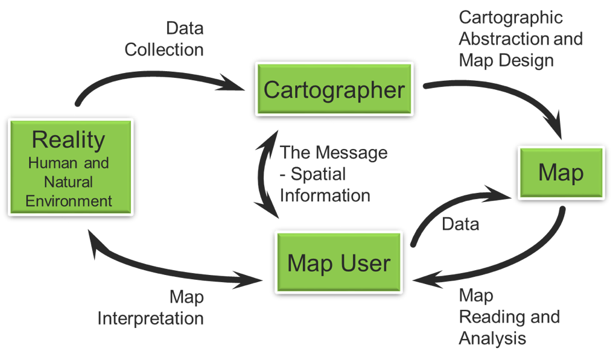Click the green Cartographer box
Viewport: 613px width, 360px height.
pos(334,89)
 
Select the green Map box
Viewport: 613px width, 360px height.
pos(561,173)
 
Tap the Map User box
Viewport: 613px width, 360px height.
pos(338,262)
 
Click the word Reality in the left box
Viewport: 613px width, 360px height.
pos(69,139)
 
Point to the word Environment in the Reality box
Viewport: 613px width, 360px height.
pos(69,201)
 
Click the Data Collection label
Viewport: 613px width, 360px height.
pos(164,39)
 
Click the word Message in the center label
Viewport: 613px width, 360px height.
pos(352,153)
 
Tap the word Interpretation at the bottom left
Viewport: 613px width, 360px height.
pos(150,318)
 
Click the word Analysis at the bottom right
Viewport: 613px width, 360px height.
pos(492,338)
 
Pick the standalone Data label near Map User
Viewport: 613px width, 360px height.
pos(460,224)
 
